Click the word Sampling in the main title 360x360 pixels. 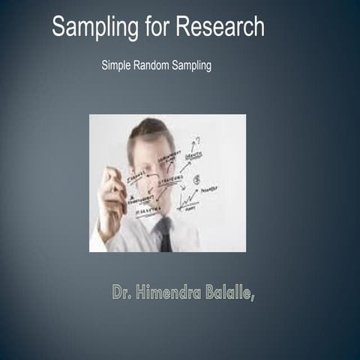click(x=94, y=28)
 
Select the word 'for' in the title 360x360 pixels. click(x=156, y=28)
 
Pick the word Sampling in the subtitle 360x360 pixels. click(x=191, y=65)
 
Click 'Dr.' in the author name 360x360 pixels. click(x=121, y=292)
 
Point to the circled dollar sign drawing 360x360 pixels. click(x=196, y=180)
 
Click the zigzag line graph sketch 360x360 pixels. click(x=187, y=199)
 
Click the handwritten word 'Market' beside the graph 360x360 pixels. click(x=209, y=190)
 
